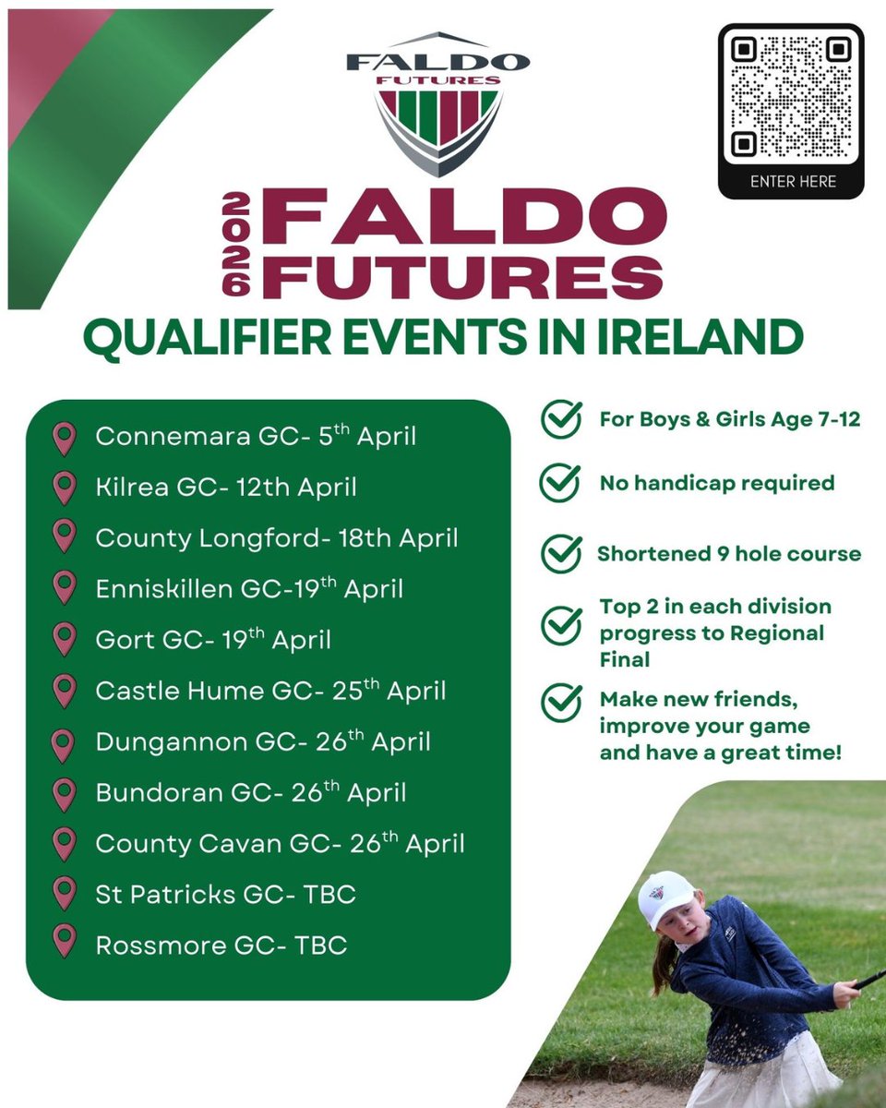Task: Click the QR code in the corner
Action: click(791, 95)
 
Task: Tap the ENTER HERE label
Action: click(792, 182)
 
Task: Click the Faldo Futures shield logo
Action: click(438, 102)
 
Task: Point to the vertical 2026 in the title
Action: click(237, 244)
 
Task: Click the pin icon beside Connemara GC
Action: click(64, 438)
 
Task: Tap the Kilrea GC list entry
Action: click(226, 487)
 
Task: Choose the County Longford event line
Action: click(277, 537)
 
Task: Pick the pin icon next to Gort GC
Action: click(64, 639)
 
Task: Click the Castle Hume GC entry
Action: click(270, 691)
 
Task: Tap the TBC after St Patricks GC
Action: click(325, 894)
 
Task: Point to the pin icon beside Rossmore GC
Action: click(64, 943)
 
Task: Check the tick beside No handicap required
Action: click(559, 483)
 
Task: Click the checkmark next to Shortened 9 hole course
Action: click(559, 554)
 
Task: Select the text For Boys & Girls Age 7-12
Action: click(729, 419)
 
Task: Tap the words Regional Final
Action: click(712, 646)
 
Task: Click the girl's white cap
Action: click(665, 897)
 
